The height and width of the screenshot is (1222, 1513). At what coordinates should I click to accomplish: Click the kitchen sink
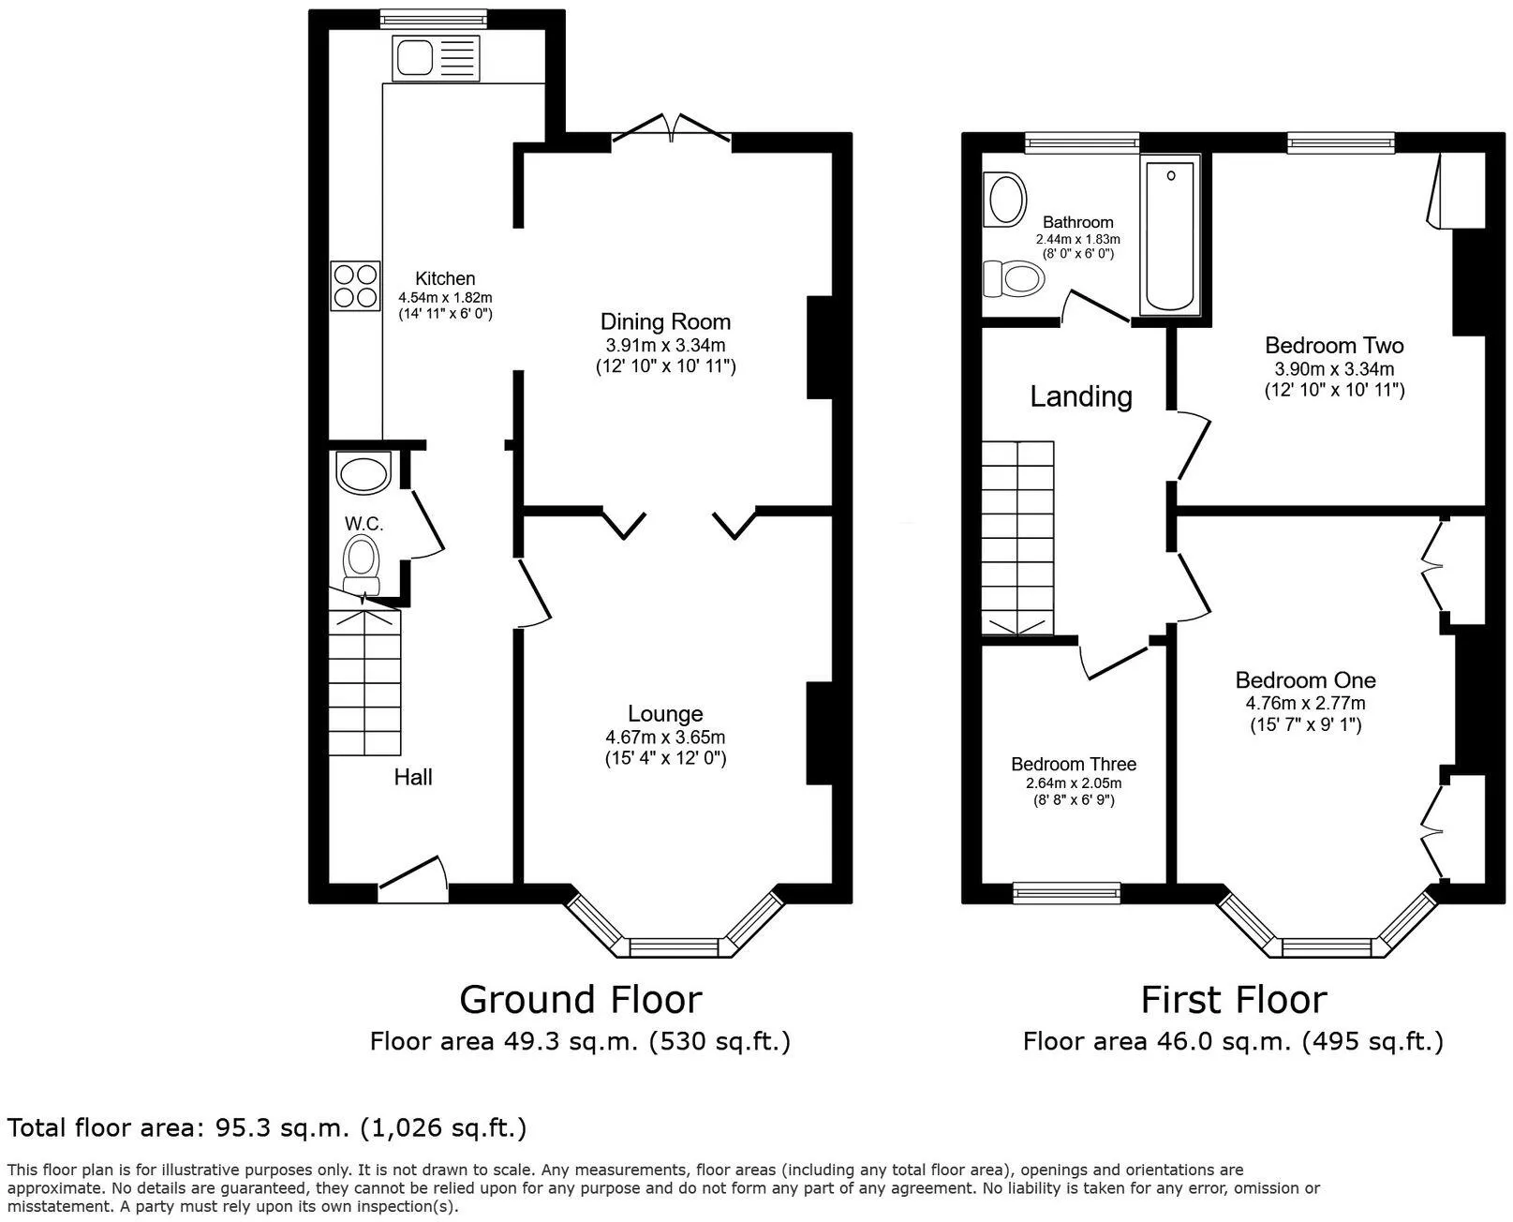pos(436,57)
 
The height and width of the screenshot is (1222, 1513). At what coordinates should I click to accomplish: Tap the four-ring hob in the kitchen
pos(356,287)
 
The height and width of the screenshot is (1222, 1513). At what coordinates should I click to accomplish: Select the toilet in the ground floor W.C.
pos(362,563)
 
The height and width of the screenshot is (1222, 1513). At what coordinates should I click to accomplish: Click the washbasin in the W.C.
pos(363,472)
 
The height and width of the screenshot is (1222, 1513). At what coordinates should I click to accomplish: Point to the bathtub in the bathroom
pos(1170,235)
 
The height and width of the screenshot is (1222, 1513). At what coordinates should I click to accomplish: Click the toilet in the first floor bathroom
pos(1014,277)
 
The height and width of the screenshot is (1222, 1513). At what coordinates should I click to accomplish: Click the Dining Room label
pos(665,321)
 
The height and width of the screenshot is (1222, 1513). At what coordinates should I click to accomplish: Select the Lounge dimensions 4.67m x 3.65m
pos(665,737)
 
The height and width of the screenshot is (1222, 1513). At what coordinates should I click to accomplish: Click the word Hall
pos(413,777)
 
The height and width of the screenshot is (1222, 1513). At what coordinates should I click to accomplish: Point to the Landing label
pos(1081,396)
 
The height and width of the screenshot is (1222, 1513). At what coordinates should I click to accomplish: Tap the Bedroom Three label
pos(1074,764)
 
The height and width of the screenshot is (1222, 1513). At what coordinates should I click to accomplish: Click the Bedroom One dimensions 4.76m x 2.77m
pos(1306,704)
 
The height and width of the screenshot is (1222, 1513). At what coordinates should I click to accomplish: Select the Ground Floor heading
pos(580,1000)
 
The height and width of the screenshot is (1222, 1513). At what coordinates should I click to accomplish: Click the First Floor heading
pos(1234,1000)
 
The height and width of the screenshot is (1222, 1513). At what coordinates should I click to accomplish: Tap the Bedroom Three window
pos(1066,893)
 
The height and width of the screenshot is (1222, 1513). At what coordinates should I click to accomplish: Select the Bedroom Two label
pos(1334,345)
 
